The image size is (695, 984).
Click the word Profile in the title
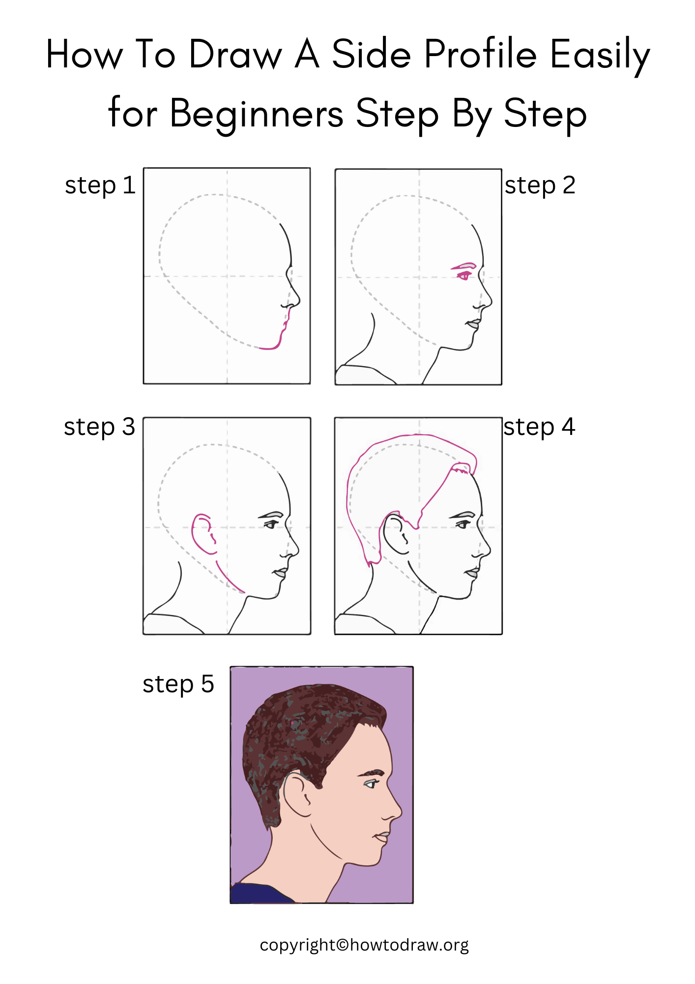click(480, 54)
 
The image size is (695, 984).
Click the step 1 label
click(100, 185)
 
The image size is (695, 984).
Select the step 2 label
click(540, 185)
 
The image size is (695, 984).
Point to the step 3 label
click(99, 427)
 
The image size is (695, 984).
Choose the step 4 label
click(539, 427)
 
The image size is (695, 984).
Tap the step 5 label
click(178, 684)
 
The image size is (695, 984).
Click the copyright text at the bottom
click(364, 945)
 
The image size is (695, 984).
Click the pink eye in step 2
click(463, 276)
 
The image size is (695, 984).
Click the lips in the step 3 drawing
click(281, 573)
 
